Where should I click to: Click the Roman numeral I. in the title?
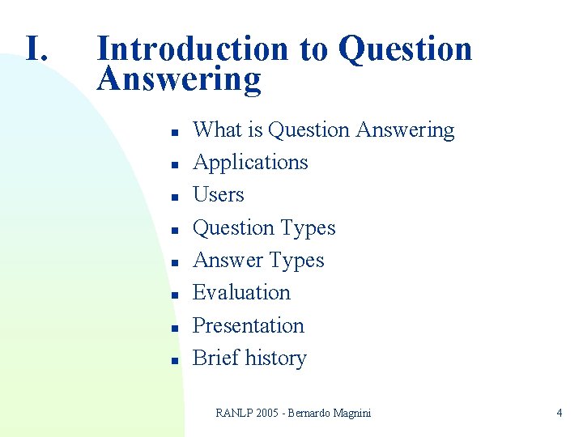[38, 49]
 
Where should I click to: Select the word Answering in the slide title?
[179, 79]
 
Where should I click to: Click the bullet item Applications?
[250, 162]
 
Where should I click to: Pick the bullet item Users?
[218, 195]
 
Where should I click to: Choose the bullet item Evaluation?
[241, 292]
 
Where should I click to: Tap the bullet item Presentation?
[248, 325]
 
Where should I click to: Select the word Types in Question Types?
[308, 228]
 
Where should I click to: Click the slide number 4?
[559, 413]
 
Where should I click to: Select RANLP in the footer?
[235, 413]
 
